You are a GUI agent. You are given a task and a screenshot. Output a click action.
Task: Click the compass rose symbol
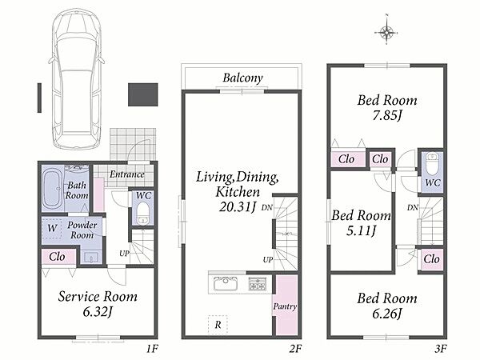coord(387,31)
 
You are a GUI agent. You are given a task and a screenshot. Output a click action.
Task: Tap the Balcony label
coord(242,78)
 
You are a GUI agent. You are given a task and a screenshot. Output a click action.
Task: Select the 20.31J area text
coord(238,207)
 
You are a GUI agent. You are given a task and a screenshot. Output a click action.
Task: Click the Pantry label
coord(285,306)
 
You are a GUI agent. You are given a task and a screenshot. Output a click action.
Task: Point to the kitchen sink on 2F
coord(226,283)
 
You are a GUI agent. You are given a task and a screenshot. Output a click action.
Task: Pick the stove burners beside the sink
coord(257,283)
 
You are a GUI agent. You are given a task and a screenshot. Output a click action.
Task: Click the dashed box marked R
coord(218,325)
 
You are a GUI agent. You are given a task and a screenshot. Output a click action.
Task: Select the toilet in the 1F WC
coord(142,214)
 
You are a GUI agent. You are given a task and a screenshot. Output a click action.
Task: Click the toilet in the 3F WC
coord(432,163)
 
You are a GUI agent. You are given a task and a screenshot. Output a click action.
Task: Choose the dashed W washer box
coord(52,228)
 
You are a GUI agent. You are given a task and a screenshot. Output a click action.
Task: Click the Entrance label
coord(127,174)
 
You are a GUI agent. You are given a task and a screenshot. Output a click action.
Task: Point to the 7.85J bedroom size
coord(387,115)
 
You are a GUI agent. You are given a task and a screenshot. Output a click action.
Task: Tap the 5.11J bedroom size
coord(361,230)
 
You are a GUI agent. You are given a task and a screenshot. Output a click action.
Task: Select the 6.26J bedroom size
coord(387,314)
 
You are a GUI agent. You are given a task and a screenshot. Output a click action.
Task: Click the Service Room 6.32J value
coord(98,312)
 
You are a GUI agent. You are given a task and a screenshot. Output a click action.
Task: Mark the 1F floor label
coord(152,349)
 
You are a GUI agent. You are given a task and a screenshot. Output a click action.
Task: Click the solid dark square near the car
coord(142,94)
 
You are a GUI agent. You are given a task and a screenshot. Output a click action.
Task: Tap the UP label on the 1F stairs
coord(124,254)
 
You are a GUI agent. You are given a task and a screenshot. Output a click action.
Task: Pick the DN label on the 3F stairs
coord(412,207)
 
